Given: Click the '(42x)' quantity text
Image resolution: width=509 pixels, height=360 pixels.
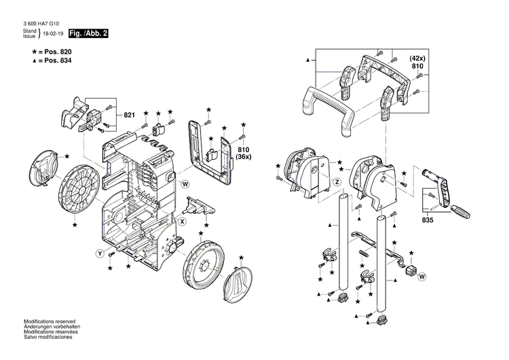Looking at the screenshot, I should (416, 58).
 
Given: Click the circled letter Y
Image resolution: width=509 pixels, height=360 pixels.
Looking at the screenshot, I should (100, 253).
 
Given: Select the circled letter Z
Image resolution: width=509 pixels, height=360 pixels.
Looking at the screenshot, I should (335, 182).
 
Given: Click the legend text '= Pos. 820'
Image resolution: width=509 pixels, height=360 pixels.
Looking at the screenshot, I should (54, 52).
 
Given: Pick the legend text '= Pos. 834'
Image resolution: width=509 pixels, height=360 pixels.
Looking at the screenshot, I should (54, 61).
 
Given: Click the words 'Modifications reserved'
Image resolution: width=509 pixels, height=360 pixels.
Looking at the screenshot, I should (50, 321).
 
